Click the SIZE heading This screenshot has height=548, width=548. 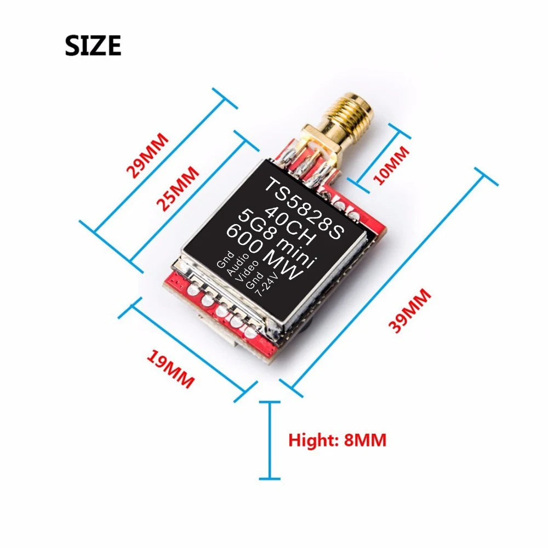93,45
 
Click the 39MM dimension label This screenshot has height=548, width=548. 410,310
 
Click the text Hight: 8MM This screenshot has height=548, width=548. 337,439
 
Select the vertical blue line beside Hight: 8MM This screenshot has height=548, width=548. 269,440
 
